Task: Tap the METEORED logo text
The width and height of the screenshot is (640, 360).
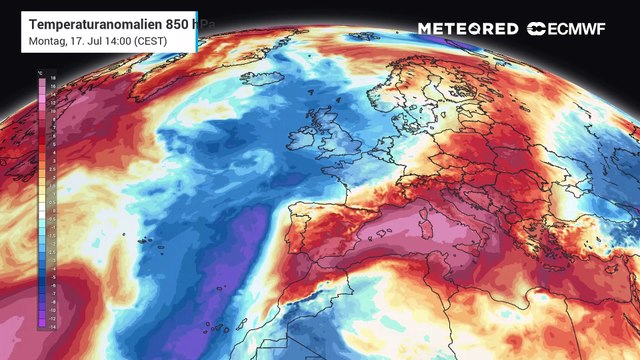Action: (x=467, y=29)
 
